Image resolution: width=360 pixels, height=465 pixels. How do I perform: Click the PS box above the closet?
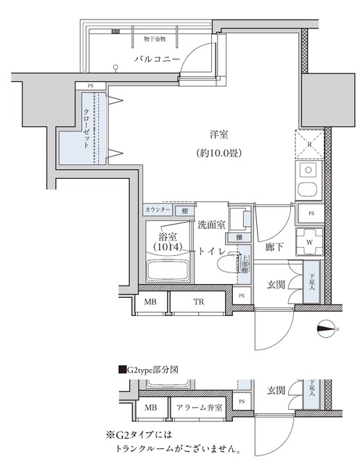pyautogui.click(x=91, y=86)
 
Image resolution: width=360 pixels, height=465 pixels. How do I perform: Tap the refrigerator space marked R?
pyautogui.click(x=310, y=145)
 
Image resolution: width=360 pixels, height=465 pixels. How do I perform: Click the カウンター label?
pyautogui.click(x=157, y=210)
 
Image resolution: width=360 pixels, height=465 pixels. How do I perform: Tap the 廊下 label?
pyautogui.click(x=269, y=247)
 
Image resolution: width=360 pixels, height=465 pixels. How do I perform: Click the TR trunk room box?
pyautogui.click(x=197, y=302)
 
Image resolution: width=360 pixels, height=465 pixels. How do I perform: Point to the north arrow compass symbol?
pyautogui.click(x=327, y=329)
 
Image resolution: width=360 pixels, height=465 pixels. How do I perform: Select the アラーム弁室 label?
pyautogui.click(x=200, y=408)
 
